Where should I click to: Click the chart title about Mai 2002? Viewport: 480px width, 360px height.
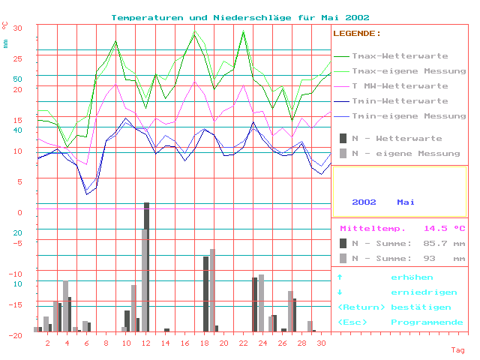(x=240, y=17)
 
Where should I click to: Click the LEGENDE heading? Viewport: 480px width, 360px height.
(x=356, y=34)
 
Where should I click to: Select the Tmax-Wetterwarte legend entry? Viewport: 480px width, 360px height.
(x=400, y=56)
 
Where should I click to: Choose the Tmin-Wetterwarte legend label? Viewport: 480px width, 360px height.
(x=400, y=101)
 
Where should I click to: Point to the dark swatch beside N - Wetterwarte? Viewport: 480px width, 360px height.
(x=343, y=138)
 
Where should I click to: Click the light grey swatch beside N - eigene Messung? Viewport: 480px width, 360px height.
(x=343, y=153)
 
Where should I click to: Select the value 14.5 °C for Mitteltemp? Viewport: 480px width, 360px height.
(x=444, y=228)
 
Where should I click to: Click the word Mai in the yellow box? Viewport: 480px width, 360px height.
(x=406, y=202)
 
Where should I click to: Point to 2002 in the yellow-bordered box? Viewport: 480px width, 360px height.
(x=364, y=202)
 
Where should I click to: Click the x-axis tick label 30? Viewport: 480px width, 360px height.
(x=321, y=343)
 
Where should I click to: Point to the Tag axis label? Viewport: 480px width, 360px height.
(x=457, y=350)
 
